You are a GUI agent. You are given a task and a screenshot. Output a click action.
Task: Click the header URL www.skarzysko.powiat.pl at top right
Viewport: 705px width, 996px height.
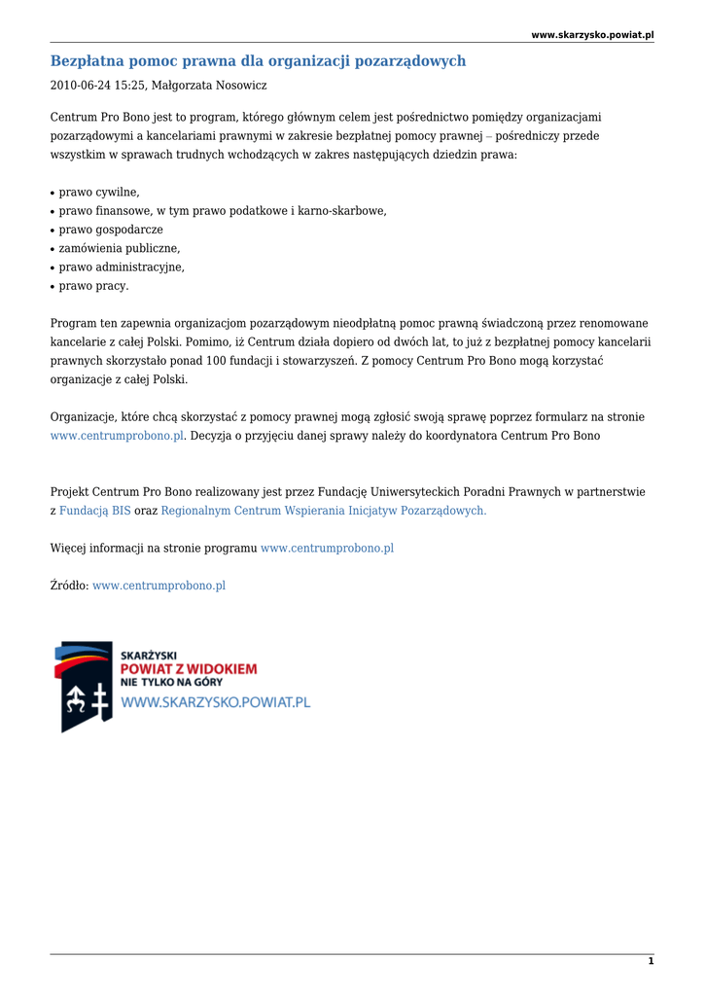592,35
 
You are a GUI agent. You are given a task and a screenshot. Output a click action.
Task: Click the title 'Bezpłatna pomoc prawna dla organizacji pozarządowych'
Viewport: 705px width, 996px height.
258,61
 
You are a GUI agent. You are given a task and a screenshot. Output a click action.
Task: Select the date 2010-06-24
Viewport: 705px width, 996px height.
79,86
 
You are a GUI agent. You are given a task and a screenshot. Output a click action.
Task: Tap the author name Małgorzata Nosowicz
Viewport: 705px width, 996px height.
209,86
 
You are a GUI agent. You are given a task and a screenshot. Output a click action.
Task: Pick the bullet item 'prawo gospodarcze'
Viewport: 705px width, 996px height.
111,230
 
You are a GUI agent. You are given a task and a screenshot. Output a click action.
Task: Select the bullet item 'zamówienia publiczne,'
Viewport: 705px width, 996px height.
120,248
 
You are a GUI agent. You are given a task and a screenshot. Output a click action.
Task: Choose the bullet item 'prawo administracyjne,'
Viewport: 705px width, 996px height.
122,267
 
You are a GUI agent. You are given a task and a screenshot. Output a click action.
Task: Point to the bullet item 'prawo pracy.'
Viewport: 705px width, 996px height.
93,286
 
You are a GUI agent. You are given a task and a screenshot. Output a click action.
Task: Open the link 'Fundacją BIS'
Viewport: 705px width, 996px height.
94,511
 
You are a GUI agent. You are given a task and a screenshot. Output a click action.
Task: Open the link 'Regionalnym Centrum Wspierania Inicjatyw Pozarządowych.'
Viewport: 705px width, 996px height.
324,511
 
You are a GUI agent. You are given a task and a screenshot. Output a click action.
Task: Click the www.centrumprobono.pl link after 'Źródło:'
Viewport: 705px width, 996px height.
159,586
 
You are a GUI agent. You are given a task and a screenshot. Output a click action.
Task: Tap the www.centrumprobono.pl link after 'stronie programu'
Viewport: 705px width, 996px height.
327,549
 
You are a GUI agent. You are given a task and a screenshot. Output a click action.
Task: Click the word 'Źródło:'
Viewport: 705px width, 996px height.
69,586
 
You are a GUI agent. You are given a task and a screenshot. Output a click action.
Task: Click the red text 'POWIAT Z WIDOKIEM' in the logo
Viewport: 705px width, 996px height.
189,669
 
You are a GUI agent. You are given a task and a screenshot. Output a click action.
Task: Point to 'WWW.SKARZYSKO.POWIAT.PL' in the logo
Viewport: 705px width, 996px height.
215,702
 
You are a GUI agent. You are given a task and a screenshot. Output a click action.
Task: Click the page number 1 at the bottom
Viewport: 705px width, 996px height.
651,961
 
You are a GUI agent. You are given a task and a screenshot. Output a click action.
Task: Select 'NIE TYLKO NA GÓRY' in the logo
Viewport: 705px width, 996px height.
171,683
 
